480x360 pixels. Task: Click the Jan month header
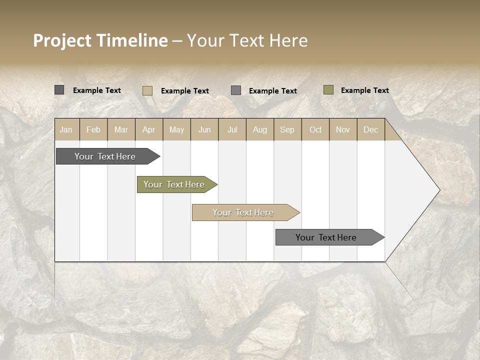(x=66, y=129)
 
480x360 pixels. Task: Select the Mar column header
(x=121, y=129)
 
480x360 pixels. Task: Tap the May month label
(x=176, y=129)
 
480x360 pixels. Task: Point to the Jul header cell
(x=232, y=129)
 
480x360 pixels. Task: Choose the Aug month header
(x=259, y=129)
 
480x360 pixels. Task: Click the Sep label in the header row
(x=287, y=129)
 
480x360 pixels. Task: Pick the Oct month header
(x=315, y=129)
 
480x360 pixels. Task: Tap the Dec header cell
(x=370, y=129)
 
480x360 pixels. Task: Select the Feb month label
(x=93, y=129)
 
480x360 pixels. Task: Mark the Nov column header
(x=342, y=129)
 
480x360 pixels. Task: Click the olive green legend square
(x=328, y=90)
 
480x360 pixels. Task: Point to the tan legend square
(x=147, y=90)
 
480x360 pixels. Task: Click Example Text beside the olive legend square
(x=364, y=90)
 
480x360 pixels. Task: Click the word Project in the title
(x=62, y=40)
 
